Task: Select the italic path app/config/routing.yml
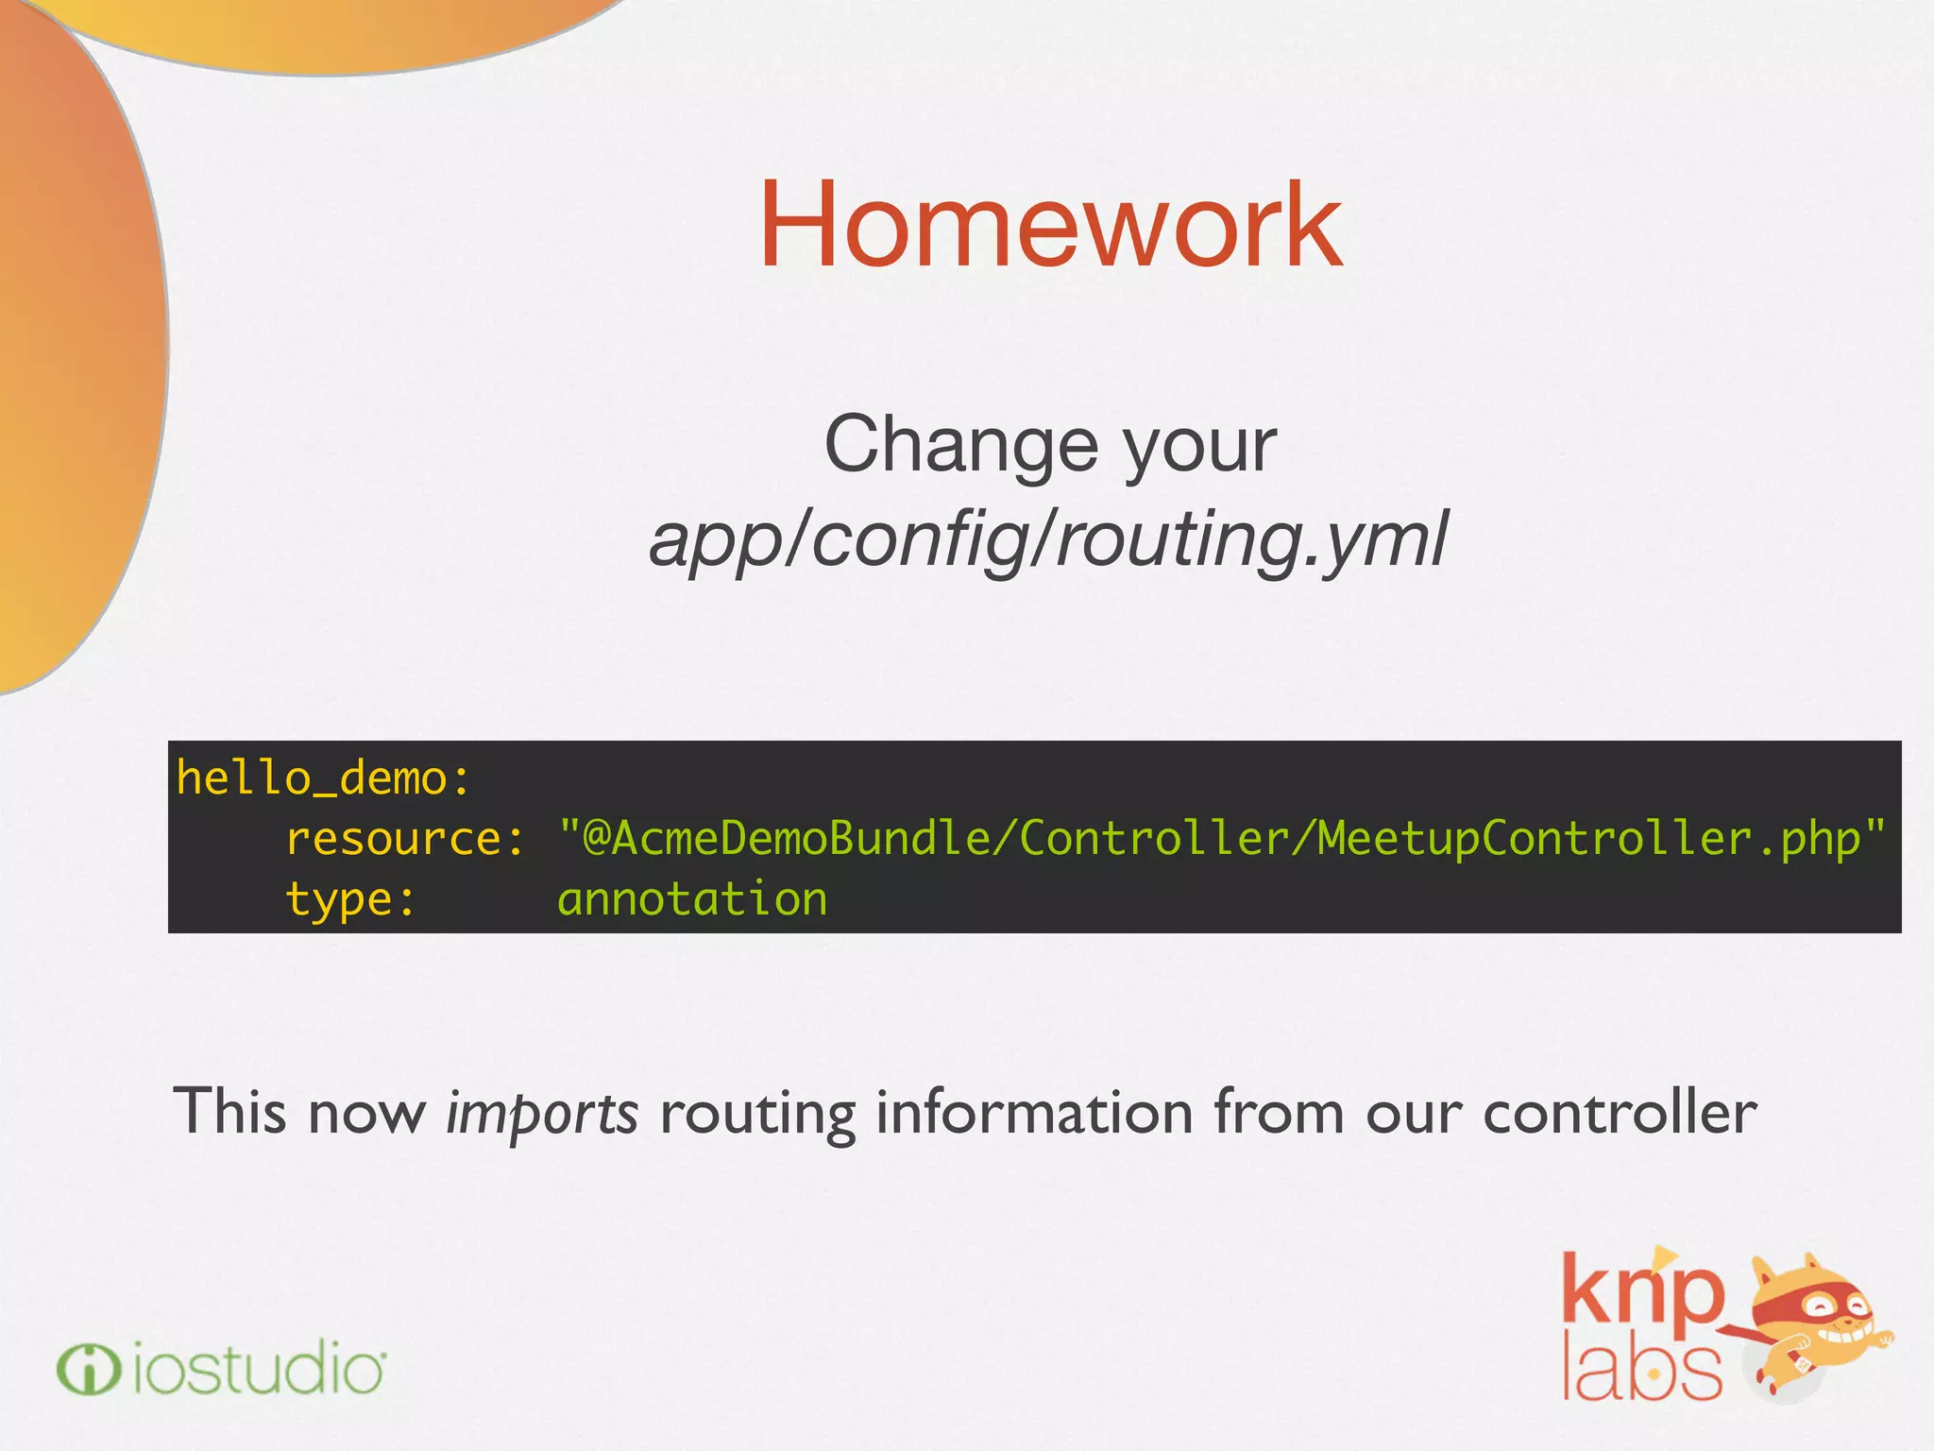[x=1048, y=538]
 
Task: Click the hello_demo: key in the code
[x=323, y=779]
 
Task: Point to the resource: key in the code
[x=404, y=839]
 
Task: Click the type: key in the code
[x=350, y=899]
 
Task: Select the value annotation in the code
[x=692, y=899]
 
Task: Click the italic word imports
[x=542, y=1113]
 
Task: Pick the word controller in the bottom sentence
[x=1620, y=1111]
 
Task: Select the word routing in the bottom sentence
[x=757, y=1113]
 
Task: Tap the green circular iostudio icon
[x=88, y=1369]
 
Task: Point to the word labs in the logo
[x=1641, y=1370]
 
